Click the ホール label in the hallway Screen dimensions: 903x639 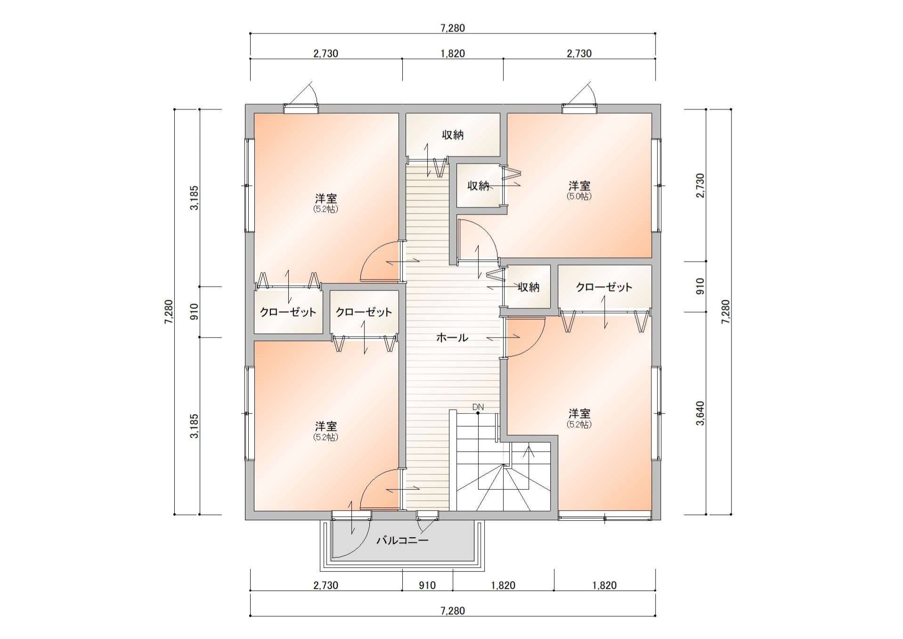452,337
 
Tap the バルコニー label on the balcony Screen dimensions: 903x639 402,540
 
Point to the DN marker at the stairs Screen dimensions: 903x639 478,407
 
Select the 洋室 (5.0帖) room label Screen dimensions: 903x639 579,190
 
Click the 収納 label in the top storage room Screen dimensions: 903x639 452,135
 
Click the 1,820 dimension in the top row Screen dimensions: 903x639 452,53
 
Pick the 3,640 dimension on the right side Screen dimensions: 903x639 700,413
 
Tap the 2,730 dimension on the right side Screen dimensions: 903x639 700,185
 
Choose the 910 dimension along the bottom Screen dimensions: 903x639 427,585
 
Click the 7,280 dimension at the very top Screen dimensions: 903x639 452,28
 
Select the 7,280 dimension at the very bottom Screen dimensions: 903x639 452,611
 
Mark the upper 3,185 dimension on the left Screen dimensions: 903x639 194,198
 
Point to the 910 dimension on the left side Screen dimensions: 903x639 194,311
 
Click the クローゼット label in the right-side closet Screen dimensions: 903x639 604,287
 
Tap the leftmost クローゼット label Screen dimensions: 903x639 288,312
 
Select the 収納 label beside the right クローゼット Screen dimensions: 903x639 529,287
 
